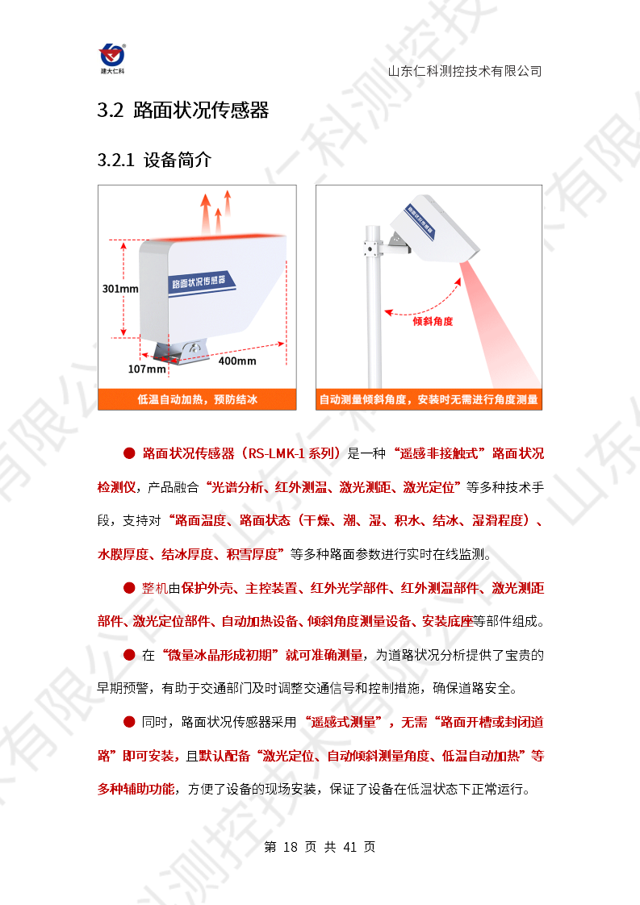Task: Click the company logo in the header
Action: tap(112, 59)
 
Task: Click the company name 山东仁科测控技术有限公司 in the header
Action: tap(465, 71)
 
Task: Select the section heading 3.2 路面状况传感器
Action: tap(183, 110)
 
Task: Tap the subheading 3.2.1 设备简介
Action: tap(154, 160)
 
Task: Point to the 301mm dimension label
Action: tap(120, 289)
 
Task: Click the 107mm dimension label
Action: tap(147, 369)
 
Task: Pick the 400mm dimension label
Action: tap(236, 361)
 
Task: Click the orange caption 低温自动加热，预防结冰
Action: tap(197, 399)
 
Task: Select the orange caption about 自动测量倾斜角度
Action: tap(429, 399)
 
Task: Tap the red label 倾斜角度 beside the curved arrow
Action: tap(433, 322)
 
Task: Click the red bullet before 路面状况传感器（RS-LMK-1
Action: tap(129, 453)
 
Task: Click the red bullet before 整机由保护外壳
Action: tap(129, 588)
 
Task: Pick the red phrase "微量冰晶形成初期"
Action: tap(220, 655)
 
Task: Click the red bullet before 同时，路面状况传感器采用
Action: tap(129, 722)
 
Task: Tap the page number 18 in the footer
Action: tap(291, 847)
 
